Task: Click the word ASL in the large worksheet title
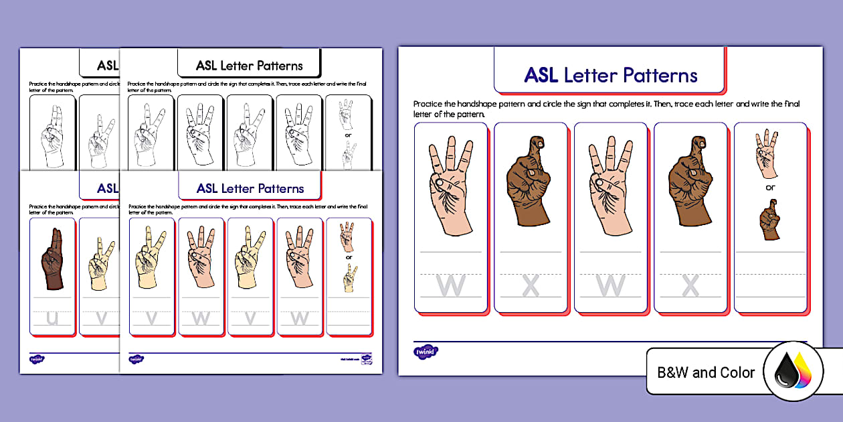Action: [541, 75]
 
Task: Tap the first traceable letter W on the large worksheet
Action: [450, 286]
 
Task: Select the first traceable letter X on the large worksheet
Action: [531, 286]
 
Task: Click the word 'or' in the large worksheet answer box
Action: [770, 188]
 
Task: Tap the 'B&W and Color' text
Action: [706, 372]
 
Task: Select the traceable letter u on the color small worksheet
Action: [53, 318]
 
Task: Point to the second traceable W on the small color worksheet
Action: [300, 318]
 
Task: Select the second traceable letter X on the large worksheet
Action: [690, 286]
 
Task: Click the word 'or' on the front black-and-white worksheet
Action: [348, 134]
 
